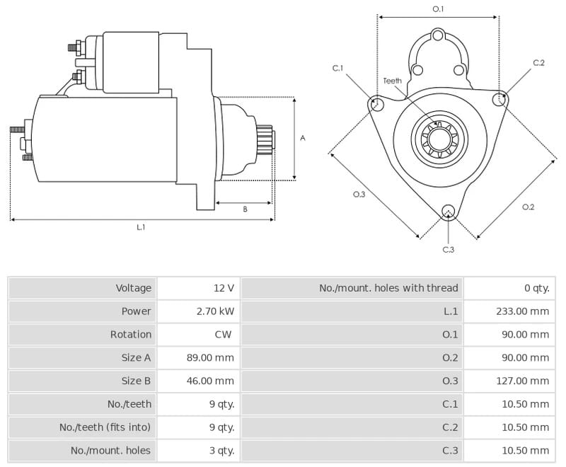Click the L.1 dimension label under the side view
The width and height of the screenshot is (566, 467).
(141, 227)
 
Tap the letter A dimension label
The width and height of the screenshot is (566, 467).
(303, 138)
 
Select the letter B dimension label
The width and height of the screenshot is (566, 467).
(245, 209)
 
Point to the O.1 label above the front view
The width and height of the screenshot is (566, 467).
(438, 9)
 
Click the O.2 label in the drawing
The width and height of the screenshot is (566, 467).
(528, 207)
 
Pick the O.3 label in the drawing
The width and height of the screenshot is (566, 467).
(359, 195)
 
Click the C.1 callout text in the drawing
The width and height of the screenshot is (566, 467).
(338, 68)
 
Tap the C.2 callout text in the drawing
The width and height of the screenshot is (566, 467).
(538, 63)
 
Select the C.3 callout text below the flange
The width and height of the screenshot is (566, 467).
(449, 250)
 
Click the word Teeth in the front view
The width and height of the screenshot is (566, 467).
(393, 81)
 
